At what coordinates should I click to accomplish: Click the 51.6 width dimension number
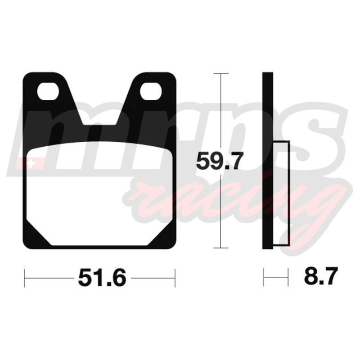(102, 278)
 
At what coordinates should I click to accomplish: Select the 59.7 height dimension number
(220, 161)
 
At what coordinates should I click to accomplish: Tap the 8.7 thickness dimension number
(321, 276)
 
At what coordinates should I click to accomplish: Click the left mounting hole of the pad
(48, 91)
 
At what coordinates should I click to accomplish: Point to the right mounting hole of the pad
(151, 91)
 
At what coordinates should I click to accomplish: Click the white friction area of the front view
(99, 193)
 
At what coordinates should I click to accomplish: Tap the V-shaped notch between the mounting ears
(99, 103)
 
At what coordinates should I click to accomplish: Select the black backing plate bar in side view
(268, 161)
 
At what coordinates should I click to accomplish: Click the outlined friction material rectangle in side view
(281, 193)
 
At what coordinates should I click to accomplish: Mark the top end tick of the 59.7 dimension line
(221, 73)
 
